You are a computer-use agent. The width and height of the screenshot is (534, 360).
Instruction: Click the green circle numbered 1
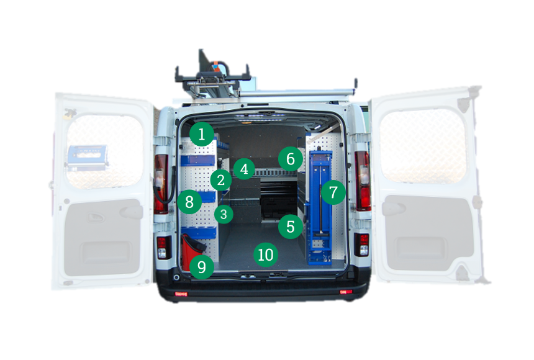tap(202, 134)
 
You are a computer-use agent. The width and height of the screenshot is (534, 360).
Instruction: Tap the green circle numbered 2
tap(220, 180)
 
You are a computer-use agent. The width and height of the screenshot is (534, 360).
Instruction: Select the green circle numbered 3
tap(224, 214)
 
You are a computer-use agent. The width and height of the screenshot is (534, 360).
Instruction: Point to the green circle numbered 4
tap(244, 169)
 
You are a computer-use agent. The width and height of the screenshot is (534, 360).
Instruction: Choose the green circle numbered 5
tap(291, 227)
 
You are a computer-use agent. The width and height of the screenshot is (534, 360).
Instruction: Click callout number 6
tap(291, 159)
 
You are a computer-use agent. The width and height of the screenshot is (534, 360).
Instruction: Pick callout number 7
tap(333, 192)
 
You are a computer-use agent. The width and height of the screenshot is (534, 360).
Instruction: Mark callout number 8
tap(189, 202)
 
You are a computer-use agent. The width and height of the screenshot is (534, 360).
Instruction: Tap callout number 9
tap(202, 267)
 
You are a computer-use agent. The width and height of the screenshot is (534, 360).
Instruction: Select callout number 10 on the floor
tap(266, 254)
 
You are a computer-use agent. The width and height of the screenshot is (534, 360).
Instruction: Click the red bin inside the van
tap(190, 250)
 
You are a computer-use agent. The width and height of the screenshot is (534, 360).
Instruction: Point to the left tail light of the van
tap(161, 184)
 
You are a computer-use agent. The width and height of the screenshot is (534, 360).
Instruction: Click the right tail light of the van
tap(363, 181)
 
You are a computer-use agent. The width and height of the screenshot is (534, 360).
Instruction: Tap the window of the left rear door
tap(104, 151)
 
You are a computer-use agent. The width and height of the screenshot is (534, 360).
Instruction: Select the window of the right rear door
tap(423, 146)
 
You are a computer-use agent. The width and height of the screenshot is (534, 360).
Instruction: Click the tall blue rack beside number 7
tap(320, 208)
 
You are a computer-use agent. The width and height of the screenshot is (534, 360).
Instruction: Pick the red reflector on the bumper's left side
tap(181, 294)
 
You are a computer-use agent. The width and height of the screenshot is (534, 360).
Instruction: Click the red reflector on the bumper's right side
tap(346, 292)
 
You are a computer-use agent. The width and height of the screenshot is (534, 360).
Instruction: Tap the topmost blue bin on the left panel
tap(198, 160)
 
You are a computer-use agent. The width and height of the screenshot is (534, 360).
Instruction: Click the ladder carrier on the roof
tap(213, 76)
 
